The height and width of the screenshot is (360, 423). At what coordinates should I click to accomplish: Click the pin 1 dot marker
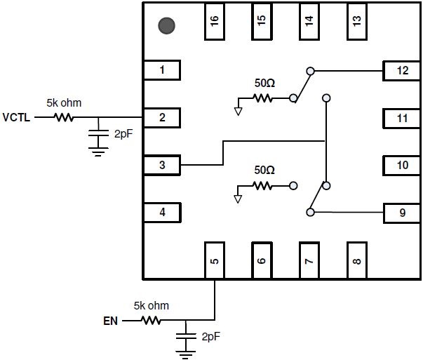tap(166, 26)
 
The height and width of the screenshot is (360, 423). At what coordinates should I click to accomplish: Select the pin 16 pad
tap(215, 21)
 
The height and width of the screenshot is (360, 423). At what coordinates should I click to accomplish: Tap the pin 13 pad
tap(356, 21)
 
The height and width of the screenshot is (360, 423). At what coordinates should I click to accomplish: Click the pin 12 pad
tap(402, 71)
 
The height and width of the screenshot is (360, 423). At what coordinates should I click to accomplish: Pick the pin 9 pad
tap(402, 213)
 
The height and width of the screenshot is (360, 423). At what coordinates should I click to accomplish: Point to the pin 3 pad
tap(162, 165)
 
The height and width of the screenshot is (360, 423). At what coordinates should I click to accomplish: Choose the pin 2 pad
tap(162, 118)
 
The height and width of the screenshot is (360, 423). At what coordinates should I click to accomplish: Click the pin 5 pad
tap(215, 260)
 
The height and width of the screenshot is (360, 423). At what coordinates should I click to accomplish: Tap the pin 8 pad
tap(356, 260)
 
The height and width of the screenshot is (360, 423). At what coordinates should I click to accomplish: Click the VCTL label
tap(16, 118)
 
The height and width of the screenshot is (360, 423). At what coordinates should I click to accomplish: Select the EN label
tap(110, 321)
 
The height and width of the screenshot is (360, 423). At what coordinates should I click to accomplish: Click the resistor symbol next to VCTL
tap(64, 117)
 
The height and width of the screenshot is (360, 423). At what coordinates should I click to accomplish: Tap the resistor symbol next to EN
tap(151, 320)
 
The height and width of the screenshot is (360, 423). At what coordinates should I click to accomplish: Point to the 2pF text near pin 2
tap(123, 134)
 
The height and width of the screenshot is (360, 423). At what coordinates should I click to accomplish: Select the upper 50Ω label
tap(264, 83)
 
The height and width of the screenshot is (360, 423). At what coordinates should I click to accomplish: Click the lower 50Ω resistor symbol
tap(262, 186)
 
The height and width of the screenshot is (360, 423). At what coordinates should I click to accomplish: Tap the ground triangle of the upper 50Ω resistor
tap(239, 112)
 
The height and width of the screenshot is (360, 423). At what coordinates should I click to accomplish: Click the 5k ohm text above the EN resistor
tap(152, 306)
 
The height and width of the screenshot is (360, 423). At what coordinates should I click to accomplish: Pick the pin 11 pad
tap(402, 118)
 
